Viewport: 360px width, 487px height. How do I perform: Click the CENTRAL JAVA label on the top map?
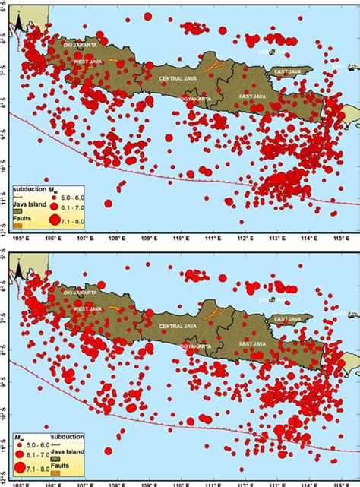click(x=176, y=78)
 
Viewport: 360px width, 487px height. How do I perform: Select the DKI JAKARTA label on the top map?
click(x=80, y=45)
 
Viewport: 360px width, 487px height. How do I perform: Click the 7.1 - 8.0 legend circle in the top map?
click(x=54, y=219)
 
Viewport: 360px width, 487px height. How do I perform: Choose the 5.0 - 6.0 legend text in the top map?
click(x=76, y=195)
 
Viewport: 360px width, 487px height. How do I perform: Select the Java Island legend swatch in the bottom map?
click(x=56, y=459)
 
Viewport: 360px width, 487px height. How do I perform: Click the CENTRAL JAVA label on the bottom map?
click(x=176, y=325)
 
